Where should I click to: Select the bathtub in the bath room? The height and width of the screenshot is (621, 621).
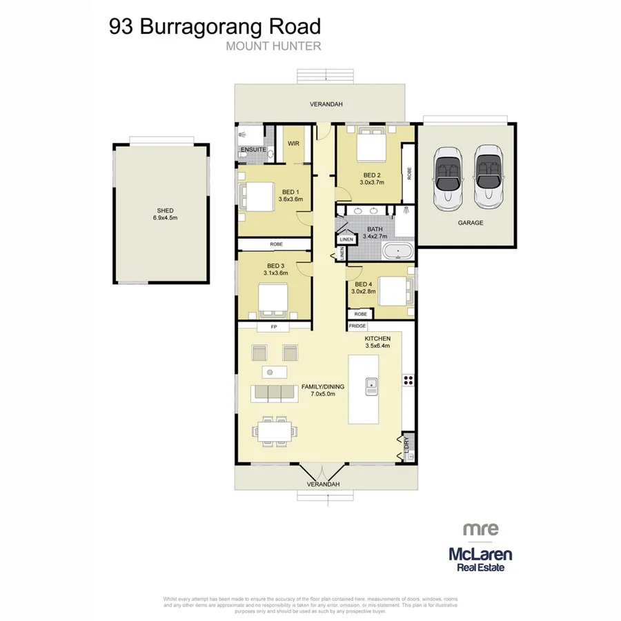click(x=397, y=251)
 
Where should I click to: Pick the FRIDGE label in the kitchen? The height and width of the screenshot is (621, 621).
click(x=357, y=326)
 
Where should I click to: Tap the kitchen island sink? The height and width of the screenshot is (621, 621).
click(x=371, y=386)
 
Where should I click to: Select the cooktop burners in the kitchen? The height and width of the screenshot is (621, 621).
click(x=408, y=379)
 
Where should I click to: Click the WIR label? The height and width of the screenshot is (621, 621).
click(x=293, y=144)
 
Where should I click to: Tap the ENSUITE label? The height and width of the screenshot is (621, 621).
click(x=253, y=150)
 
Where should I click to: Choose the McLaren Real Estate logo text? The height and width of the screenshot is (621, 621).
click(x=480, y=559)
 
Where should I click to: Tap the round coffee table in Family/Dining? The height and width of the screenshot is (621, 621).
click(x=270, y=373)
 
